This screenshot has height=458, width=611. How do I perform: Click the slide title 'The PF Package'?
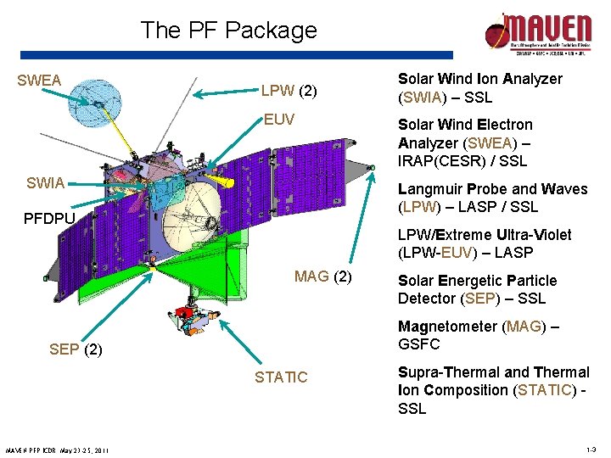tap(228, 31)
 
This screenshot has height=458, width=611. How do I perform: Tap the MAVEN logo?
tap(535, 35)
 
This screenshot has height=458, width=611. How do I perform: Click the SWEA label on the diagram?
tap(39, 81)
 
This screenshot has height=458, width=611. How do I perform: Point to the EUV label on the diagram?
tap(278, 120)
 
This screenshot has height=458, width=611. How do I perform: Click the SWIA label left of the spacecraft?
tap(45, 183)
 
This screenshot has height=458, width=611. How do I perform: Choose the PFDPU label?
tap(49, 219)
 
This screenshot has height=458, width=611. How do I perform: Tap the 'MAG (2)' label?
tap(322, 276)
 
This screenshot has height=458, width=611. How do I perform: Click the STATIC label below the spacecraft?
tap(281, 377)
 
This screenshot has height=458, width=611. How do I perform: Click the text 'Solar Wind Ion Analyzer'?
tap(479, 79)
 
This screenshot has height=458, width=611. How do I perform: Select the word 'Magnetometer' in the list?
tap(447, 327)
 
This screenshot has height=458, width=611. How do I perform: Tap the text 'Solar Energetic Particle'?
tap(477, 281)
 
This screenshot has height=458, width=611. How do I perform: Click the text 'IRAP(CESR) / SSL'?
tap(462, 160)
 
